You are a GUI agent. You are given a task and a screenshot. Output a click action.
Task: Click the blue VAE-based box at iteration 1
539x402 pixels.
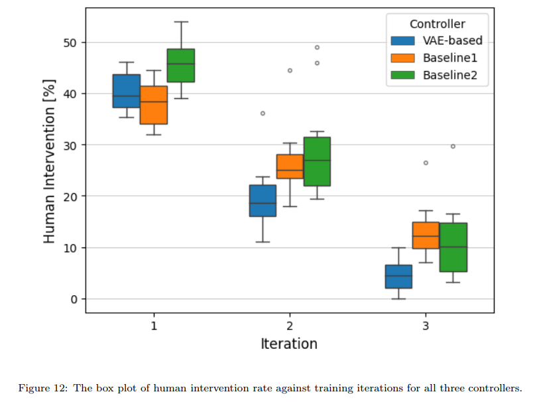click(x=127, y=91)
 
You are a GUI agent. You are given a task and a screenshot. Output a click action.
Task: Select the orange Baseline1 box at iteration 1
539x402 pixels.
click(x=154, y=105)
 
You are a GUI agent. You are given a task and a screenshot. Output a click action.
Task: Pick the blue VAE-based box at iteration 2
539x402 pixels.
click(x=263, y=200)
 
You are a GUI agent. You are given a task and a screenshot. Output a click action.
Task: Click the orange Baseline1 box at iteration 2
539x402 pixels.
click(x=290, y=167)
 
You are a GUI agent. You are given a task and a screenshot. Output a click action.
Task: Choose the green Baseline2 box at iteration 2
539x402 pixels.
click(x=317, y=161)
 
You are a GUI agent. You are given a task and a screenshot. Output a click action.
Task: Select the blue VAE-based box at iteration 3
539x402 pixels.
click(x=398, y=276)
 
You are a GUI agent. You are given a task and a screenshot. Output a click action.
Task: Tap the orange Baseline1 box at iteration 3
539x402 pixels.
click(x=426, y=235)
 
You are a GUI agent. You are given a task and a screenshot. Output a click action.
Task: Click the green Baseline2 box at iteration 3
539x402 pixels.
click(x=453, y=247)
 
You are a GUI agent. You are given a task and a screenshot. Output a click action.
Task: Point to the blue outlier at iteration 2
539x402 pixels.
click(x=263, y=113)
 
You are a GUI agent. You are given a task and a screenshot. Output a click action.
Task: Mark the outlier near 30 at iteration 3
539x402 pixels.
click(x=453, y=146)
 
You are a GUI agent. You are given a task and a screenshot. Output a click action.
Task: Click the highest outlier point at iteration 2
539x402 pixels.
click(x=317, y=47)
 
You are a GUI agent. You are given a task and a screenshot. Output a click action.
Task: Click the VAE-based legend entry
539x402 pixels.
click(x=437, y=40)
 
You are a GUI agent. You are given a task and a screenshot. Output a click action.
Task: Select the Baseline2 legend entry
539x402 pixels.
click(x=437, y=75)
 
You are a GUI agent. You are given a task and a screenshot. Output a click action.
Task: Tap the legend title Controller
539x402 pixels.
click(x=437, y=24)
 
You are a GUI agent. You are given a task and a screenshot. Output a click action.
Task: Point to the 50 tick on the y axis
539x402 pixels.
click(x=70, y=42)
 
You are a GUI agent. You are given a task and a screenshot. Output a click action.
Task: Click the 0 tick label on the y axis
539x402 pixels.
click(x=74, y=299)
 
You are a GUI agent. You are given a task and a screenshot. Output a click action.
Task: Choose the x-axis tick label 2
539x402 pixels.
click(x=289, y=326)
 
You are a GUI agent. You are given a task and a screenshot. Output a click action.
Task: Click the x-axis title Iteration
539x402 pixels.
click(x=289, y=344)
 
